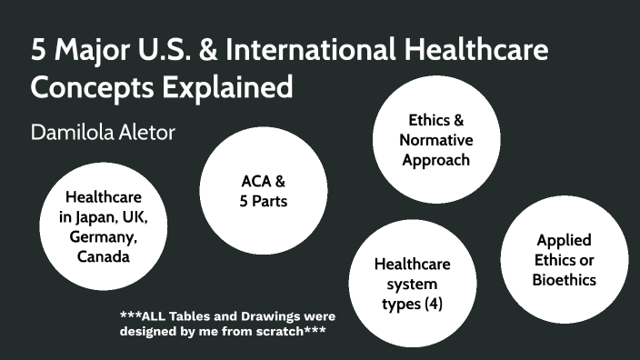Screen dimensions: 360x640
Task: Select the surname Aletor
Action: tap(148, 132)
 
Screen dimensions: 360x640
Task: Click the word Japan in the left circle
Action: tap(99, 217)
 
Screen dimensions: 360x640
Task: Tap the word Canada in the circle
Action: tap(103, 256)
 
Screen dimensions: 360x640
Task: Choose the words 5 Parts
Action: tap(264, 201)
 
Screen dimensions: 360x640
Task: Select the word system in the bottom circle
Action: tap(413, 284)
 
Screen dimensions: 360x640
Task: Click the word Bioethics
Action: tap(565, 279)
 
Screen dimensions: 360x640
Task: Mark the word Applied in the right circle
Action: tap(565, 240)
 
